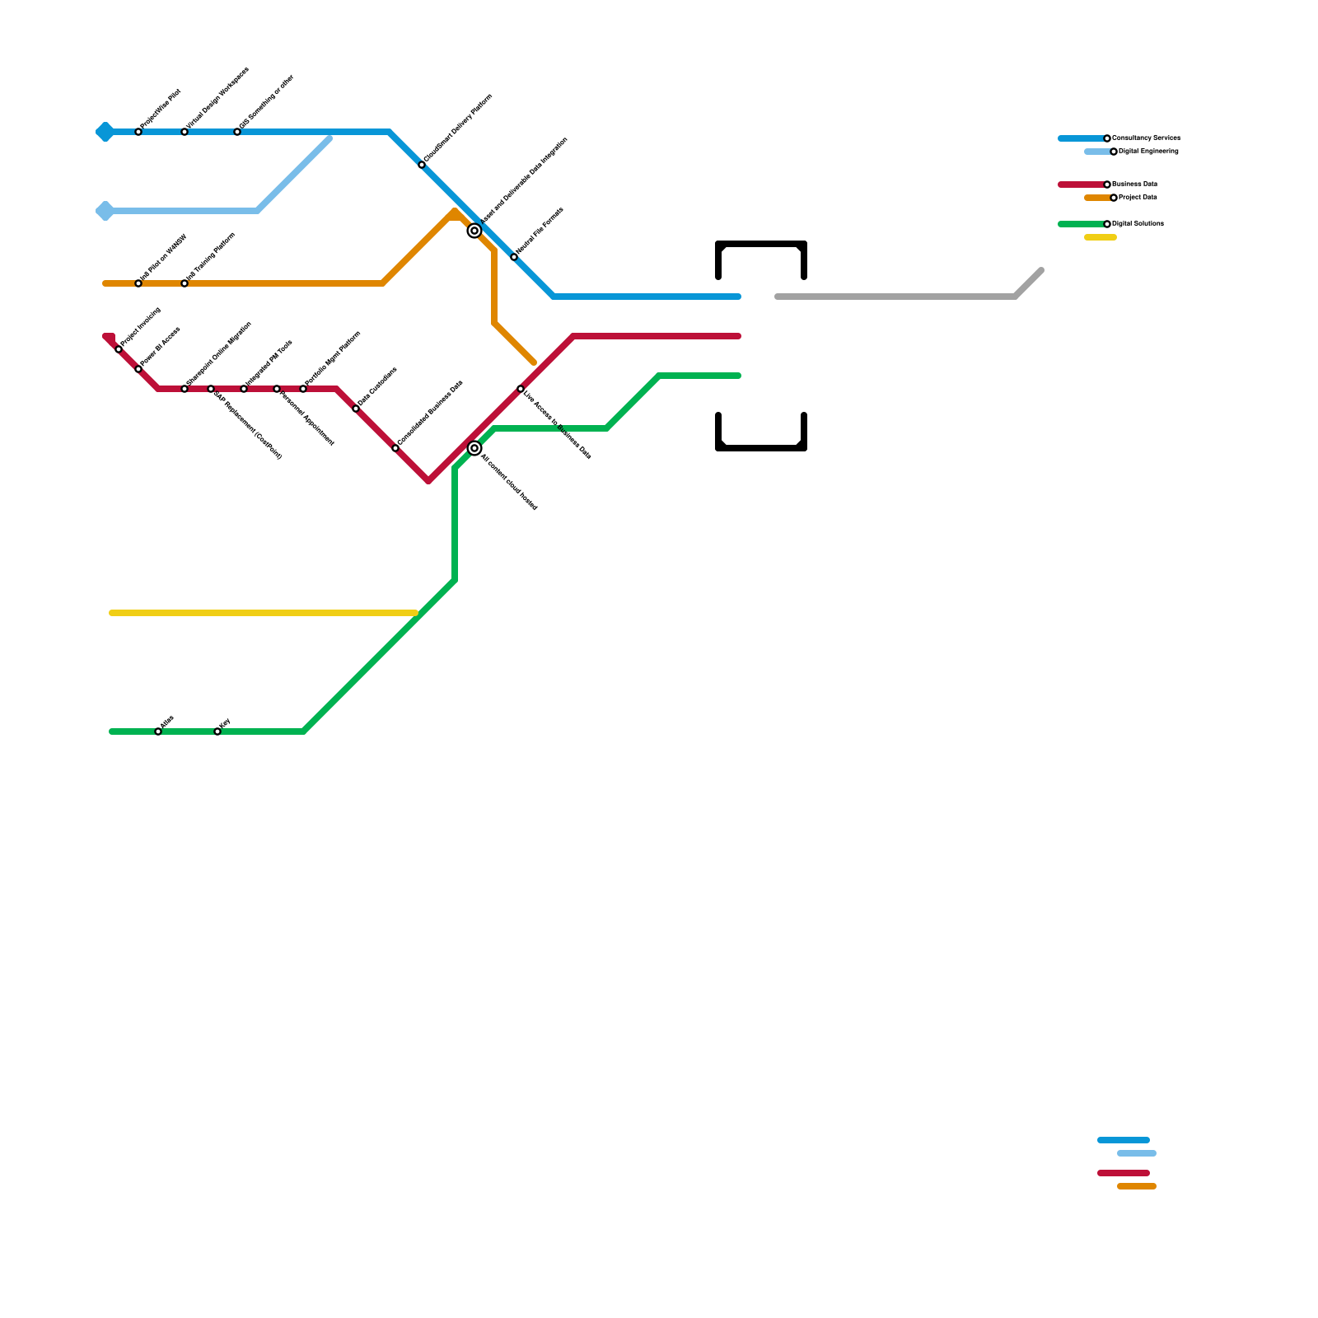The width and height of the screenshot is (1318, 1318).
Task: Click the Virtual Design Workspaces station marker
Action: pyautogui.click(x=185, y=132)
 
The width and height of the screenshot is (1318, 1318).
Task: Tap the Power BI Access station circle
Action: pyautogui.click(x=138, y=369)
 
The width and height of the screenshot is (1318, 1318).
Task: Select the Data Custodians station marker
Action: pyautogui.click(x=356, y=409)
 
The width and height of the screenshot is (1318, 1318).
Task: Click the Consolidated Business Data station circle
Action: pyautogui.click(x=395, y=448)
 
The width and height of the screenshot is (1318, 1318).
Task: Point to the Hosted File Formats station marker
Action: pyautogui.click(x=514, y=257)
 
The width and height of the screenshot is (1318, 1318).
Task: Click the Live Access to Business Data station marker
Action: pyautogui.click(x=521, y=389)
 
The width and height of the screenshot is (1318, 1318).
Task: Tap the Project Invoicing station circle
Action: pyautogui.click(x=119, y=349)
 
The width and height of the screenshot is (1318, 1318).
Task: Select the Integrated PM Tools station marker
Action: pyautogui.click(x=244, y=389)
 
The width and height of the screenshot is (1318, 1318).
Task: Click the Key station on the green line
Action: pyautogui.click(x=217, y=731)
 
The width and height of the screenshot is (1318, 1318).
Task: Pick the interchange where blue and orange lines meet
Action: pyautogui.click(x=474, y=231)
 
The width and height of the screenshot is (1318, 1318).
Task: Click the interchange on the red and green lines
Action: pyautogui.click(x=474, y=448)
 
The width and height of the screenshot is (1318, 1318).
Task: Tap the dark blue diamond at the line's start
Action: pyautogui.click(x=105, y=132)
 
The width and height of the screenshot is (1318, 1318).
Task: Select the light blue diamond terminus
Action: pyautogui.click(x=105, y=211)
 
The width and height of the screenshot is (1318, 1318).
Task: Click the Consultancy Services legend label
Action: pyautogui.click(x=1145, y=138)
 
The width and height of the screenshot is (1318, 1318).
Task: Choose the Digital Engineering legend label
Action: pyautogui.click(x=1147, y=152)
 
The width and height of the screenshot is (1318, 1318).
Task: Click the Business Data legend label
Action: pyautogui.click(x=1134, y=185)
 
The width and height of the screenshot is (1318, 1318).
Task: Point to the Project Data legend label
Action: pyautogui.click(x=1138, y=198)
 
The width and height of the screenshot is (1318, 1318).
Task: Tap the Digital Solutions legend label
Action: pyautogui.click(x=1137, y=224)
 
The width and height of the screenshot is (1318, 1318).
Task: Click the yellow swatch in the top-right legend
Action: pyautogui.click(x=1101, y=237)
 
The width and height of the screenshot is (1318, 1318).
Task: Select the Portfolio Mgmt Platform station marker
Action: pyautogui.click(x=303, y=389)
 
